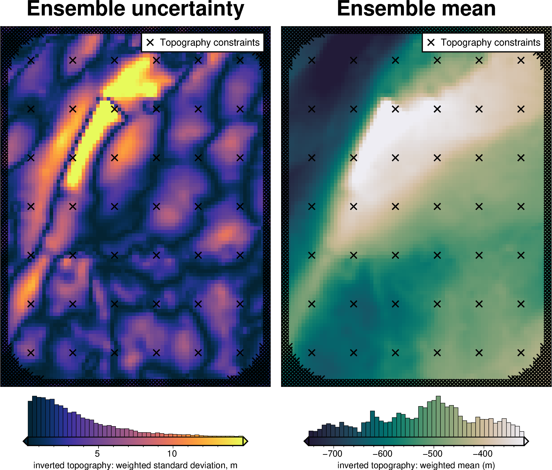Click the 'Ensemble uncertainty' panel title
pos(135,9)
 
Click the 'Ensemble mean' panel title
pos(416,9)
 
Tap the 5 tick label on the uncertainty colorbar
pos(97,453)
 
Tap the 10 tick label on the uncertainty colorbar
pos(172,453)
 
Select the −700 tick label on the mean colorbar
pos(332,453)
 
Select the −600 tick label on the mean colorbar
pos(383,453)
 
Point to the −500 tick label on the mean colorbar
pos(433,453)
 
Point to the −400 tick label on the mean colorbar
pos(483,453)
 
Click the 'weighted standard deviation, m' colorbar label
pos(135,465)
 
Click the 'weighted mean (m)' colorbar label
pos(416,465)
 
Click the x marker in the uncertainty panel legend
pos(150,42)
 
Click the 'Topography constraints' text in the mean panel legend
pos(491,42)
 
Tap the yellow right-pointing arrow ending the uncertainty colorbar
pos(246,441)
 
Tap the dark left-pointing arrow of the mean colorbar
pos(306,441)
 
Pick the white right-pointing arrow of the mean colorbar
pos(526,441)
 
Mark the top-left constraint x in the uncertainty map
pos(31,61)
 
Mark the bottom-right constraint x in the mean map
pos(521,353)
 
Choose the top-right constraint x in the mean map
pos(521,61)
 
